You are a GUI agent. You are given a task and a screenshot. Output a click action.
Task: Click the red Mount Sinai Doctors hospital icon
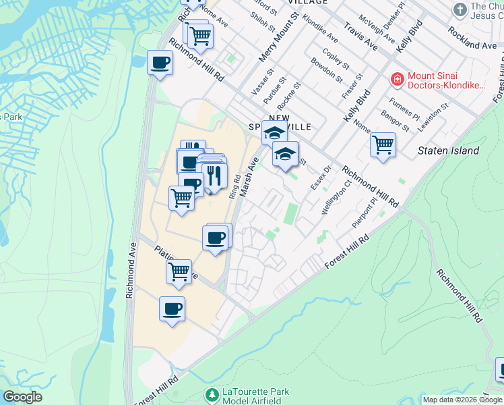point(398,80)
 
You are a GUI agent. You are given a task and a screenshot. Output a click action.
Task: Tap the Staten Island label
point(447,151)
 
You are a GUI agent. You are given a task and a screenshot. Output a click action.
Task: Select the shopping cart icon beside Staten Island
point(383,144)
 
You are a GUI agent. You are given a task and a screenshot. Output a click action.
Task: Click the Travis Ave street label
point(360,36)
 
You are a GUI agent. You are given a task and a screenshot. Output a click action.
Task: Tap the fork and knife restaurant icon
point(214,175)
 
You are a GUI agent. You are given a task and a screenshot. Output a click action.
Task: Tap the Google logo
point(22,397)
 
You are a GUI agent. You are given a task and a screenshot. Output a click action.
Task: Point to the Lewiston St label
point(433,119)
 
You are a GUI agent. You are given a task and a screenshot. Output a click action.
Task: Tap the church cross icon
point(460,9)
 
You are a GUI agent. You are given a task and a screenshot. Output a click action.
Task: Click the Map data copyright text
point(463,400)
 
